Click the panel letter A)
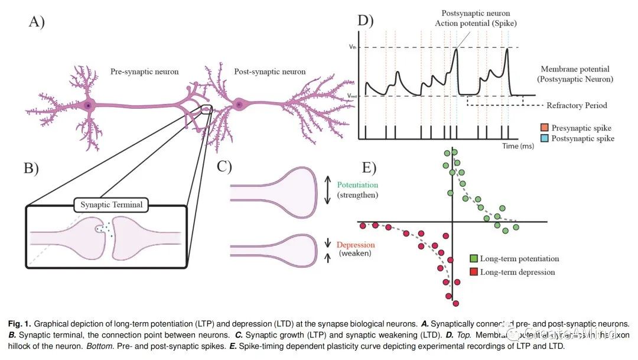point(37,22)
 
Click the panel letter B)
point(31,168)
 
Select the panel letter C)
point(224,166)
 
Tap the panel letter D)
point(366,21)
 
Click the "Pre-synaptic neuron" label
point(144,72)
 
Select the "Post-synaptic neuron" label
point(270,72)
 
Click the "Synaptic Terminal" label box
point(111,206)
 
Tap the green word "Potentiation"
point(357,184)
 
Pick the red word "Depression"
point(356,245)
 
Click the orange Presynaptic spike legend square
point(545,128)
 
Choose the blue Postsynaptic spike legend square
point(545,138)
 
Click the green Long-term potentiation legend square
point(473,258)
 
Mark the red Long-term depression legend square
point(473,272)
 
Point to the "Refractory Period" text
point(576,106)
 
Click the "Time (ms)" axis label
point(518,145)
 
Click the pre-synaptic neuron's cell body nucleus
point(89,105)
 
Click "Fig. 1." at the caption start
point(19,324)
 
